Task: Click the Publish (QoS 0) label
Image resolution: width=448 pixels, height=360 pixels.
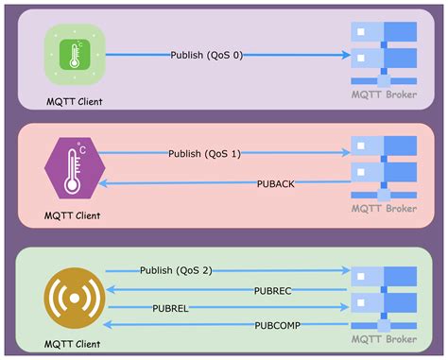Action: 206,56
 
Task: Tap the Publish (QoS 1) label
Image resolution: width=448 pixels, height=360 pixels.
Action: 205,153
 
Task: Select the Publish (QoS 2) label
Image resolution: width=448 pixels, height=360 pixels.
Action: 176,270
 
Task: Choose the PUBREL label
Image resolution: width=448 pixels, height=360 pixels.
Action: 170,308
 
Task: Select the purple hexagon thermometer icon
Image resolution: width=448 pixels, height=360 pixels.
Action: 72,169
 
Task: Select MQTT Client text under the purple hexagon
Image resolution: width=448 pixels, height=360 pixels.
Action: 72,215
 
